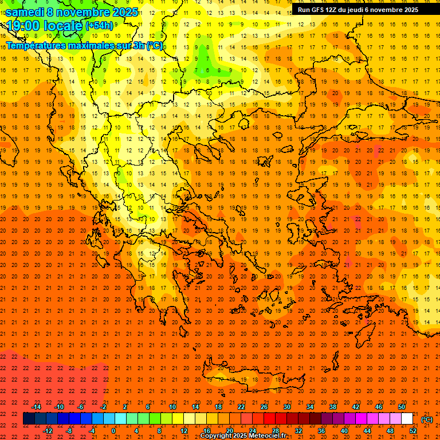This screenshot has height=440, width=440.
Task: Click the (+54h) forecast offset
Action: pos(99,26)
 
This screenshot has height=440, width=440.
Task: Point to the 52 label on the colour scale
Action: pos(412,430)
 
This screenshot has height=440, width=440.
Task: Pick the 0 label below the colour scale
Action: pos(113,430)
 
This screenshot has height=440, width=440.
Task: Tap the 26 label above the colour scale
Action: pos(264,407)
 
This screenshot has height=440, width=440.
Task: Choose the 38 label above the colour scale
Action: pos(333,407)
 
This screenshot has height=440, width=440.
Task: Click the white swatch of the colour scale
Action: pos(407,419)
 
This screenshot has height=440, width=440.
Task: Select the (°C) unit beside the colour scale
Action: pos(426,419)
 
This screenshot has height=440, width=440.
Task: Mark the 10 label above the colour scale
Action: pos(172,407)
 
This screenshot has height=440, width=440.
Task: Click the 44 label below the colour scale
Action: pos(367,430)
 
